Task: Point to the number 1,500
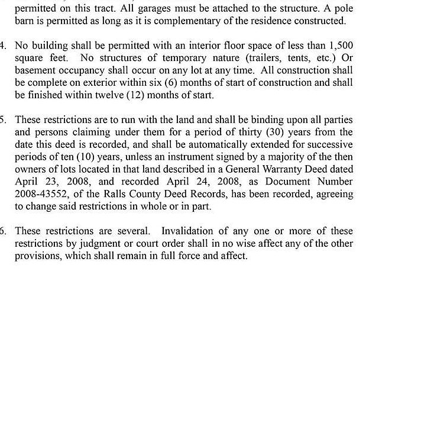341,46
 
